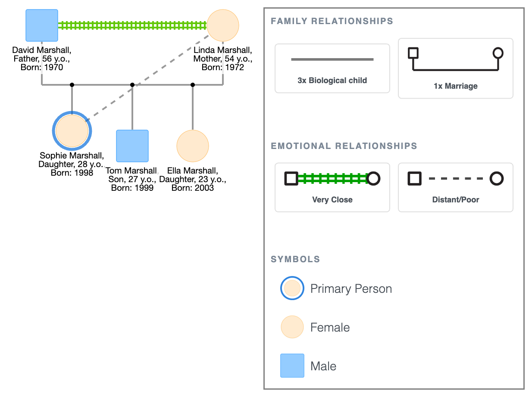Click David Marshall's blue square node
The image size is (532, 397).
coord(42,25)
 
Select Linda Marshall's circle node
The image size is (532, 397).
coord(223,25)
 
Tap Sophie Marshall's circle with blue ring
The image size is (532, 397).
coord(72,131)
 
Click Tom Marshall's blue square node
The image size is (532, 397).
coord(132,146)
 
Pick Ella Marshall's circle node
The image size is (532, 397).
coord(193,146)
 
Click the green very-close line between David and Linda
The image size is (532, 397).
coord(132,25)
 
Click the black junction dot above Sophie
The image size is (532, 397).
coord(72,85)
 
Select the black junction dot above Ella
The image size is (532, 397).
coord(193,85)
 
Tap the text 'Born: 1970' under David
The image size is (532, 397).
coord(42,67)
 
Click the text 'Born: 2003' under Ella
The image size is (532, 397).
coord(193,188)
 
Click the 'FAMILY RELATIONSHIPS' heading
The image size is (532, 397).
coord(332,21)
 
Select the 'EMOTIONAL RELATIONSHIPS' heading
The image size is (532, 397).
coord(344,146)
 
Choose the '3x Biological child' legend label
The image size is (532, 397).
coord(332,81)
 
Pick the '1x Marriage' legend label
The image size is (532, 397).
coord(455,86)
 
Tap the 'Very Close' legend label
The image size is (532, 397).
coord(332,200)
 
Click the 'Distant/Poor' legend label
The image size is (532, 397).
coord(455,200)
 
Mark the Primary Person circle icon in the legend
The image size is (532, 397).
coord(292,288)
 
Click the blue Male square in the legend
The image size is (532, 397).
coord(292,366)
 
